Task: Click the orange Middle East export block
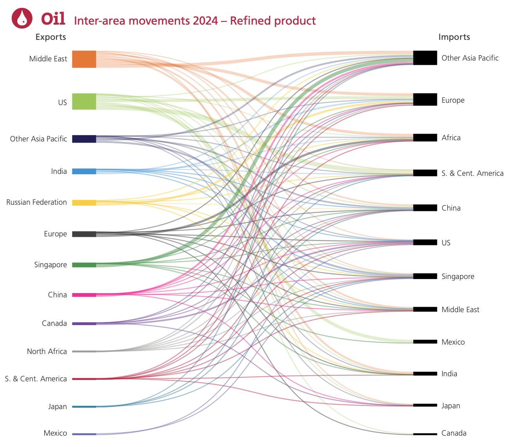click(84, 59)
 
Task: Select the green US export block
click(84, 102)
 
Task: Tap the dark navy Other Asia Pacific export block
click(84, 139)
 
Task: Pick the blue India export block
click(84, 171)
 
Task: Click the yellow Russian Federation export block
click(84, 202)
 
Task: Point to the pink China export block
click(84, 295)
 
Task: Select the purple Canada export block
click(84, 324)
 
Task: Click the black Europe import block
click(425, 100)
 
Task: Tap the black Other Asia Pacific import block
click(425, 58)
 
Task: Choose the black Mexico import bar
click(425, 342)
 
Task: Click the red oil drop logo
click(22, 18)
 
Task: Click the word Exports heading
click(50, 37)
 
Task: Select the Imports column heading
click(454, 37)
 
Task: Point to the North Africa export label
click(47, 351)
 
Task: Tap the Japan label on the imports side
click(451, 406)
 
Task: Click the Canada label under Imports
click(454, 433)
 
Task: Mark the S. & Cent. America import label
click(472, 173)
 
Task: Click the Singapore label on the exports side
click(50, 265)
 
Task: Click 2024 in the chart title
click(205, 20)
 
